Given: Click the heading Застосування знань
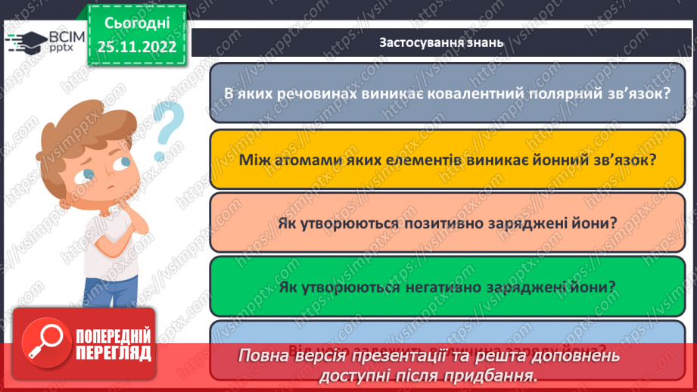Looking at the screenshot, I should [440, 42].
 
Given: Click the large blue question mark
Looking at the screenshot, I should [169, 130].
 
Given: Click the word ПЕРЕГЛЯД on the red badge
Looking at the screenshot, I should [113, 353].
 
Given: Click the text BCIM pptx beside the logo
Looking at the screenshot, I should [64, 42].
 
